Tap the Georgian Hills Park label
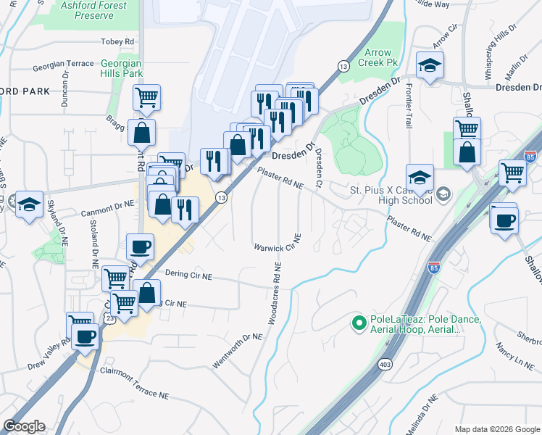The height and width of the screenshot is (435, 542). click(121, 68)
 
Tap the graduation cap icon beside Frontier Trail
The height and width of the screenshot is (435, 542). click(430, 66)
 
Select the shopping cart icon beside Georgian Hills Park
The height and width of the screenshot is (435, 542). click(146, 97)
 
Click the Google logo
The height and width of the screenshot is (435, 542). click(24, 426)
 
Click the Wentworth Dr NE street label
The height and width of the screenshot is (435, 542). click(236, 349)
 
